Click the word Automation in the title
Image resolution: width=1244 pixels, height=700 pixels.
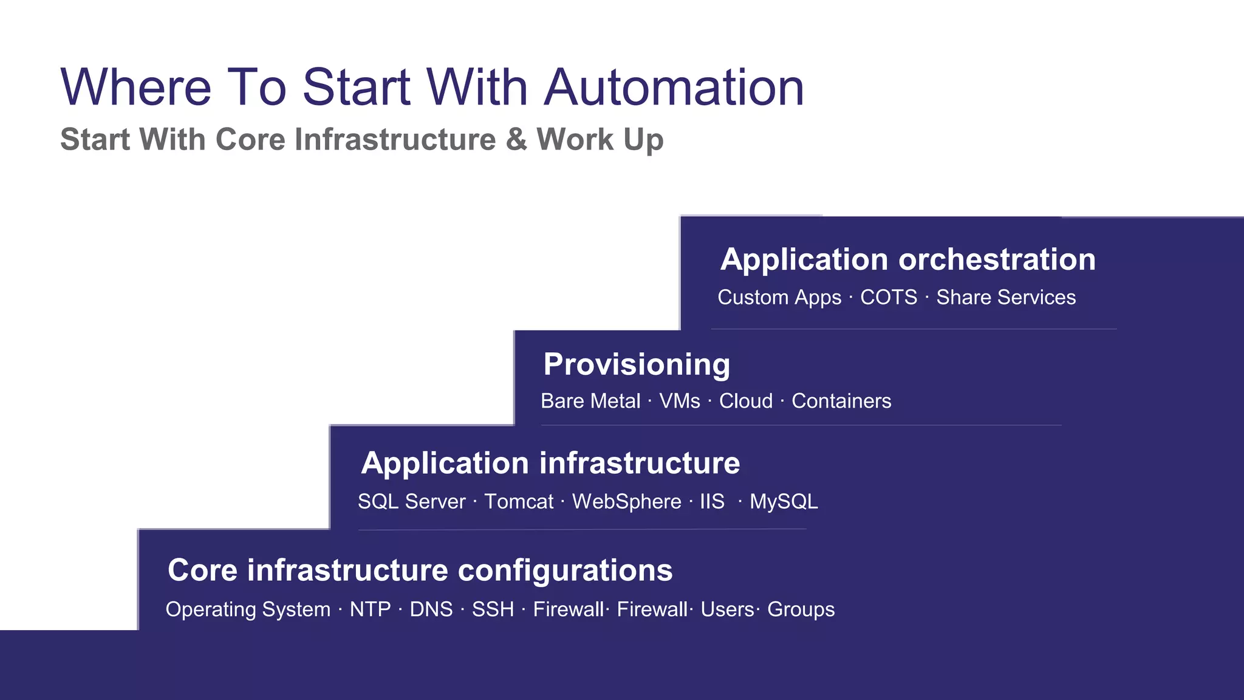pos(674,87)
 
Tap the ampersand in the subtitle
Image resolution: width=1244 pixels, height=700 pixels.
pos(516,139)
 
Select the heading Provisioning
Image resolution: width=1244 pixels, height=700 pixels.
pos(637,365)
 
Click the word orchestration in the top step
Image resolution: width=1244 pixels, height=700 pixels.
pos(997,259)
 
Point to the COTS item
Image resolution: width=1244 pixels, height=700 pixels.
pos(888,298)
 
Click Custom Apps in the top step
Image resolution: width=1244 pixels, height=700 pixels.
pos(779,298)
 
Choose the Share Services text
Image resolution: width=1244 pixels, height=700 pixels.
pos(1005,298)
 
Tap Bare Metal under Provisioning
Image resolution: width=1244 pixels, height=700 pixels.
pos(590,402)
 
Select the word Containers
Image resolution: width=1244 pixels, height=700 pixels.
pos(841,402)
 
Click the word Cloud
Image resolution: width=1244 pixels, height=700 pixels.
pos(746,402)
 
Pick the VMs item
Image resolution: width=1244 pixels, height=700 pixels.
pos(680,402)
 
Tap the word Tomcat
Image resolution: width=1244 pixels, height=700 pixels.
pos(519,502)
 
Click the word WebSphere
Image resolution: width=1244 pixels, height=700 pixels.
pos(626,502)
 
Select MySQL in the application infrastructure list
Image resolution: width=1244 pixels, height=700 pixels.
pos(784,502)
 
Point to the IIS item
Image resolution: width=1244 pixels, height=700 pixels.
pos(712,502)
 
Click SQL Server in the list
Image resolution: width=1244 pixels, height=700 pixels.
pos(411,502)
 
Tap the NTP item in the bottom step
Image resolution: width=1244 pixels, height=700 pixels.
pos(370,609)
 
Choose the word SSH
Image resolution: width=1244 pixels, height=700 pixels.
pos(493,609)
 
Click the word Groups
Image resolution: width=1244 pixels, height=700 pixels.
pos(801,609)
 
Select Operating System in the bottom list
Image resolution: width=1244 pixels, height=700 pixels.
pos(248,609)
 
